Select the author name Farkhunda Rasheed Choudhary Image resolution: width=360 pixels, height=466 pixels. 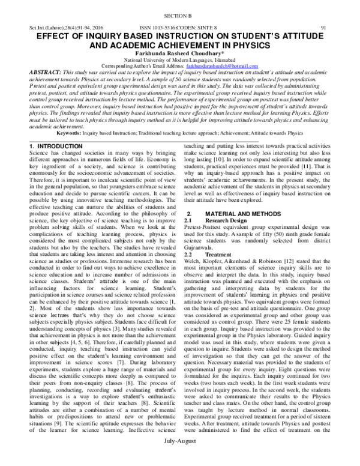click(180, 52)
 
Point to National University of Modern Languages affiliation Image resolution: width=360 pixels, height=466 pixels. click(180, 59)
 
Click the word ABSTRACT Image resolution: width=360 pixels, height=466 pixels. click(43, 71)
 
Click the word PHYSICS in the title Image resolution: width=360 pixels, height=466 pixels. click(261, 44)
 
